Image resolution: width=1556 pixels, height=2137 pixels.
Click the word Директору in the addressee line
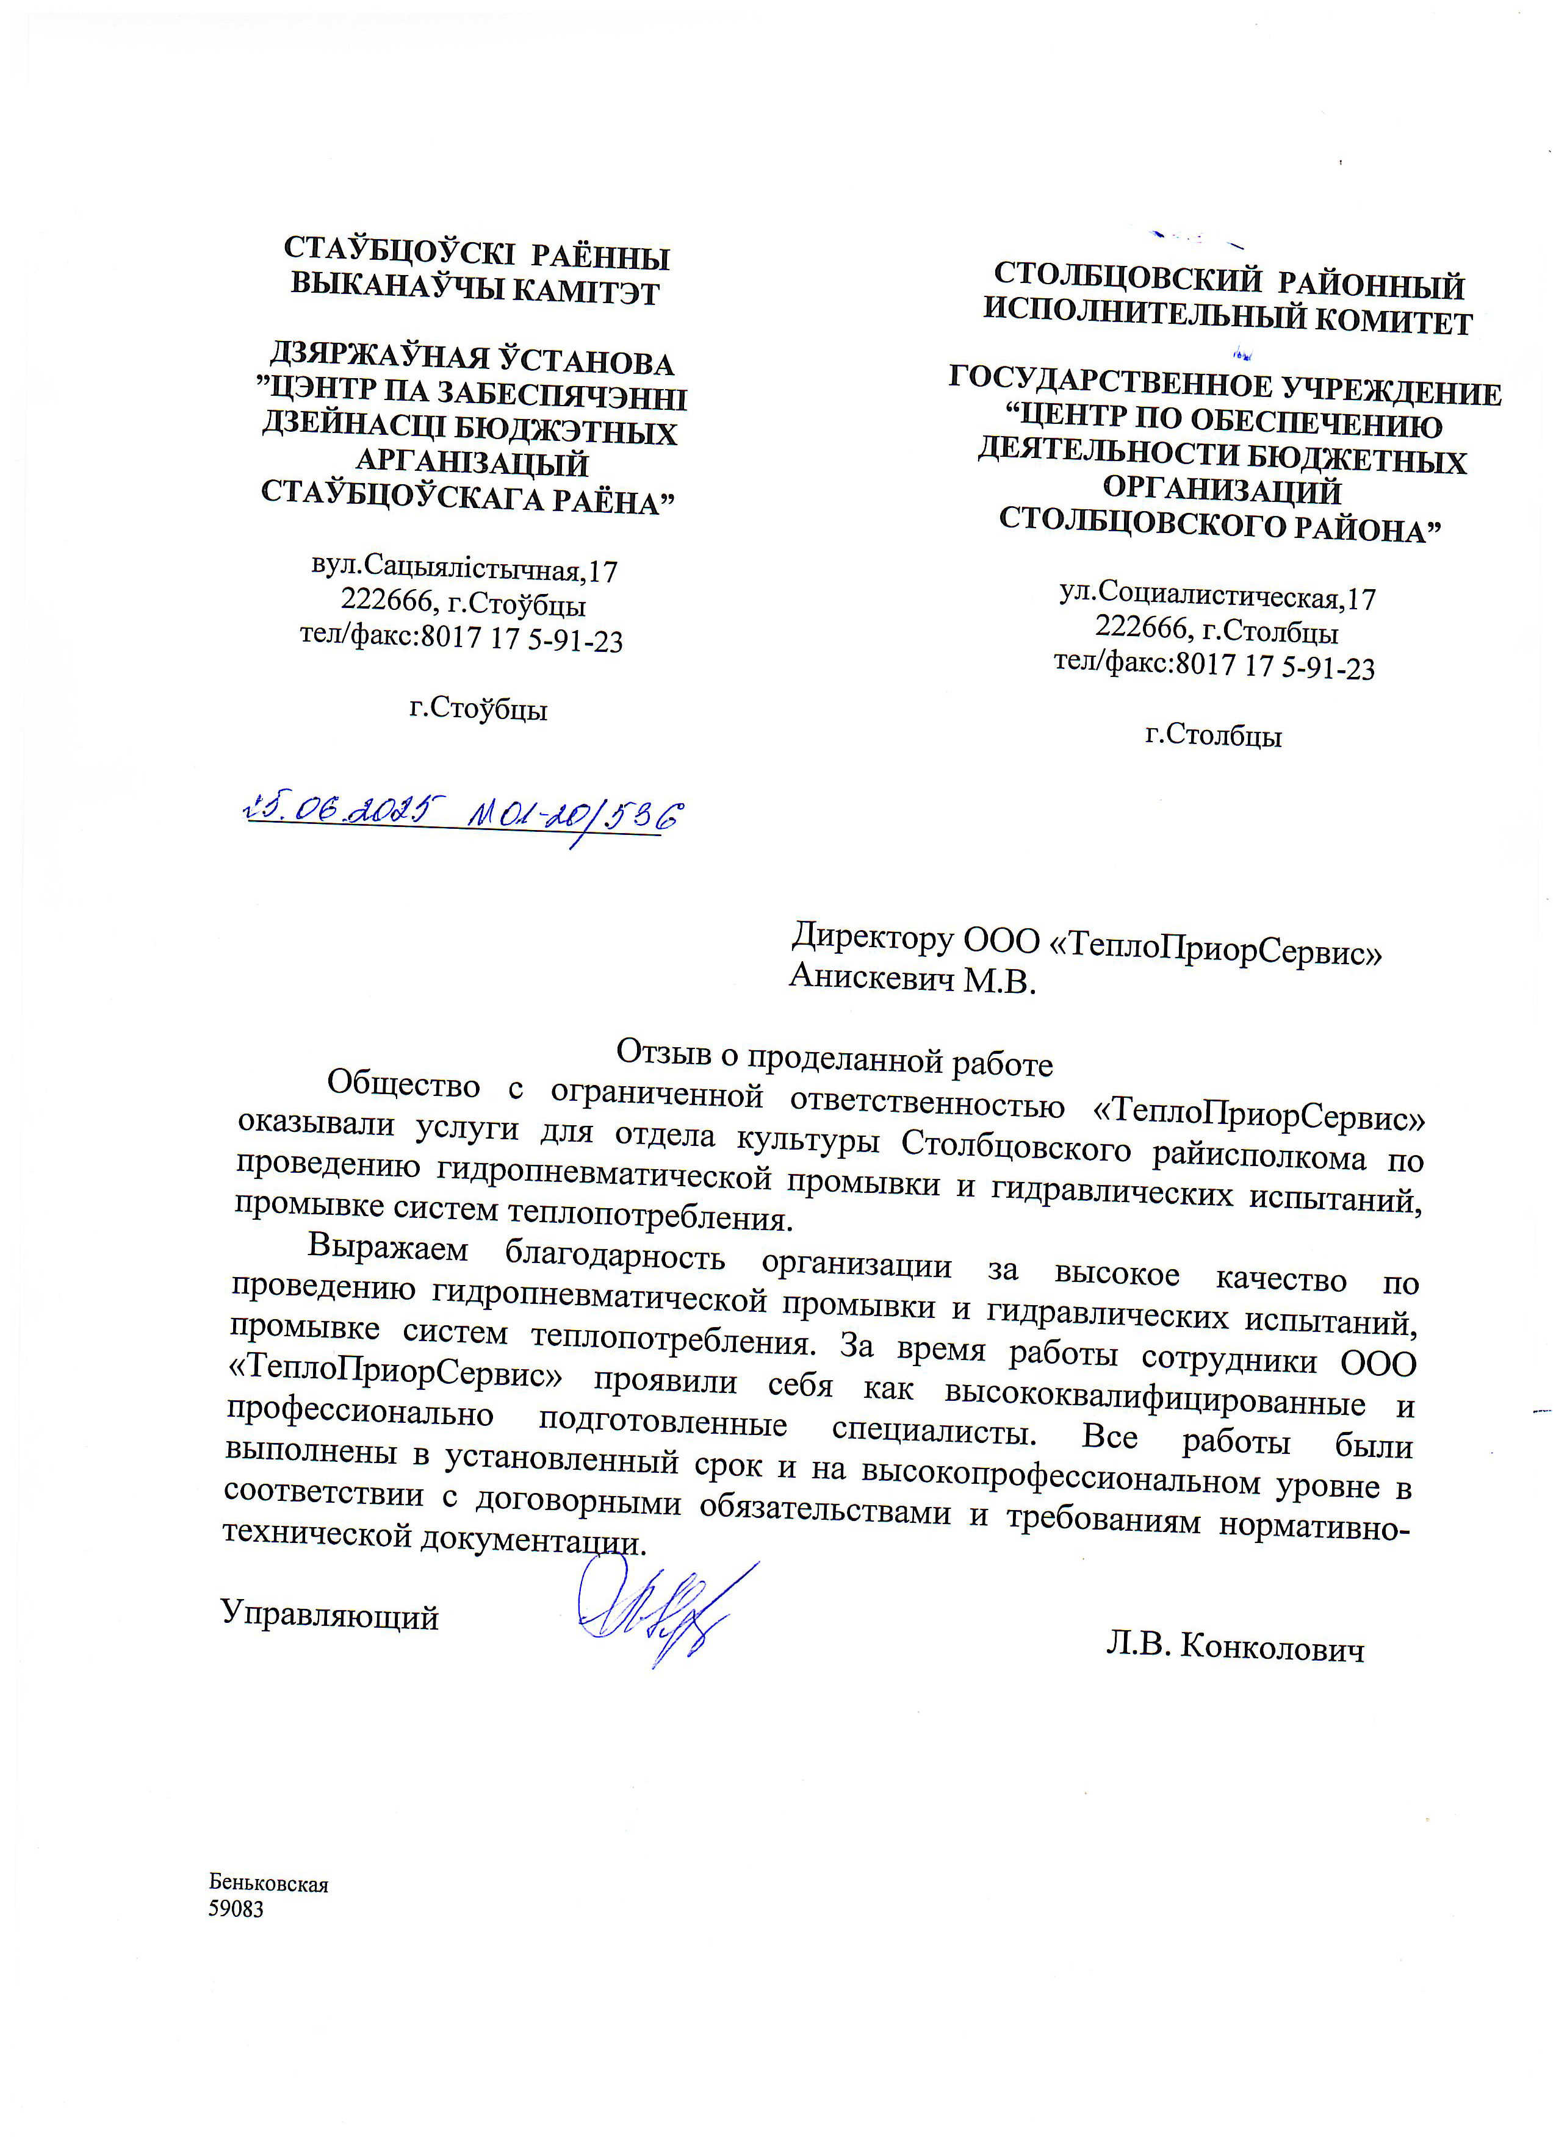872,937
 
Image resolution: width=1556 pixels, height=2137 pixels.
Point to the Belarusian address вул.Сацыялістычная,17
464,568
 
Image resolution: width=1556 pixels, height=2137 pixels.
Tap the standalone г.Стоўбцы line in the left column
478,709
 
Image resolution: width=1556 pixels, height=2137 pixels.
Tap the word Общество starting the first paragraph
403,1086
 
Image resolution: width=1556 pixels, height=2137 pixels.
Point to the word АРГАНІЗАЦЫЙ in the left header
471,463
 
